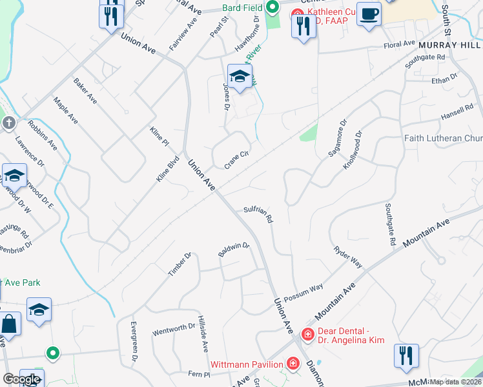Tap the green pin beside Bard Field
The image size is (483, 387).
272,8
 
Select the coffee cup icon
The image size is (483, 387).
369,14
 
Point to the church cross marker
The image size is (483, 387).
8,123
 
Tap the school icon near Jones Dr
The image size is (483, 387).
240,77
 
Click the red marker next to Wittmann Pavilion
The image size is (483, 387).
293,364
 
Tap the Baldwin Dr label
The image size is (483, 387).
234,250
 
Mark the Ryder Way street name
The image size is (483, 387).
347,257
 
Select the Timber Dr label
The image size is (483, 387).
180,264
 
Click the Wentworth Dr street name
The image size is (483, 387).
173,330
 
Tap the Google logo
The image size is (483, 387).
21,379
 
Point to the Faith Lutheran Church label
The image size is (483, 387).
444,138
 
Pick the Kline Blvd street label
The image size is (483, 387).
167,170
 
